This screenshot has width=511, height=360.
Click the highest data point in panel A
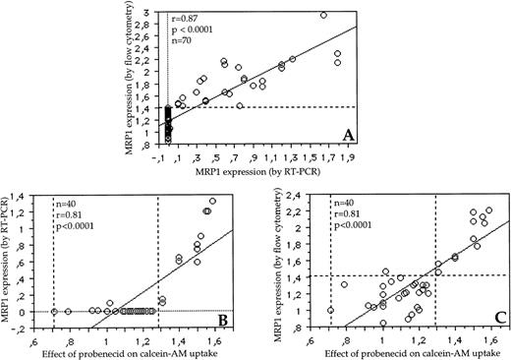[323, 15]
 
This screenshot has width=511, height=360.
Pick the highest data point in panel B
[212, 202]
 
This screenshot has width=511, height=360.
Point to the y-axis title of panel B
[9, 264]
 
